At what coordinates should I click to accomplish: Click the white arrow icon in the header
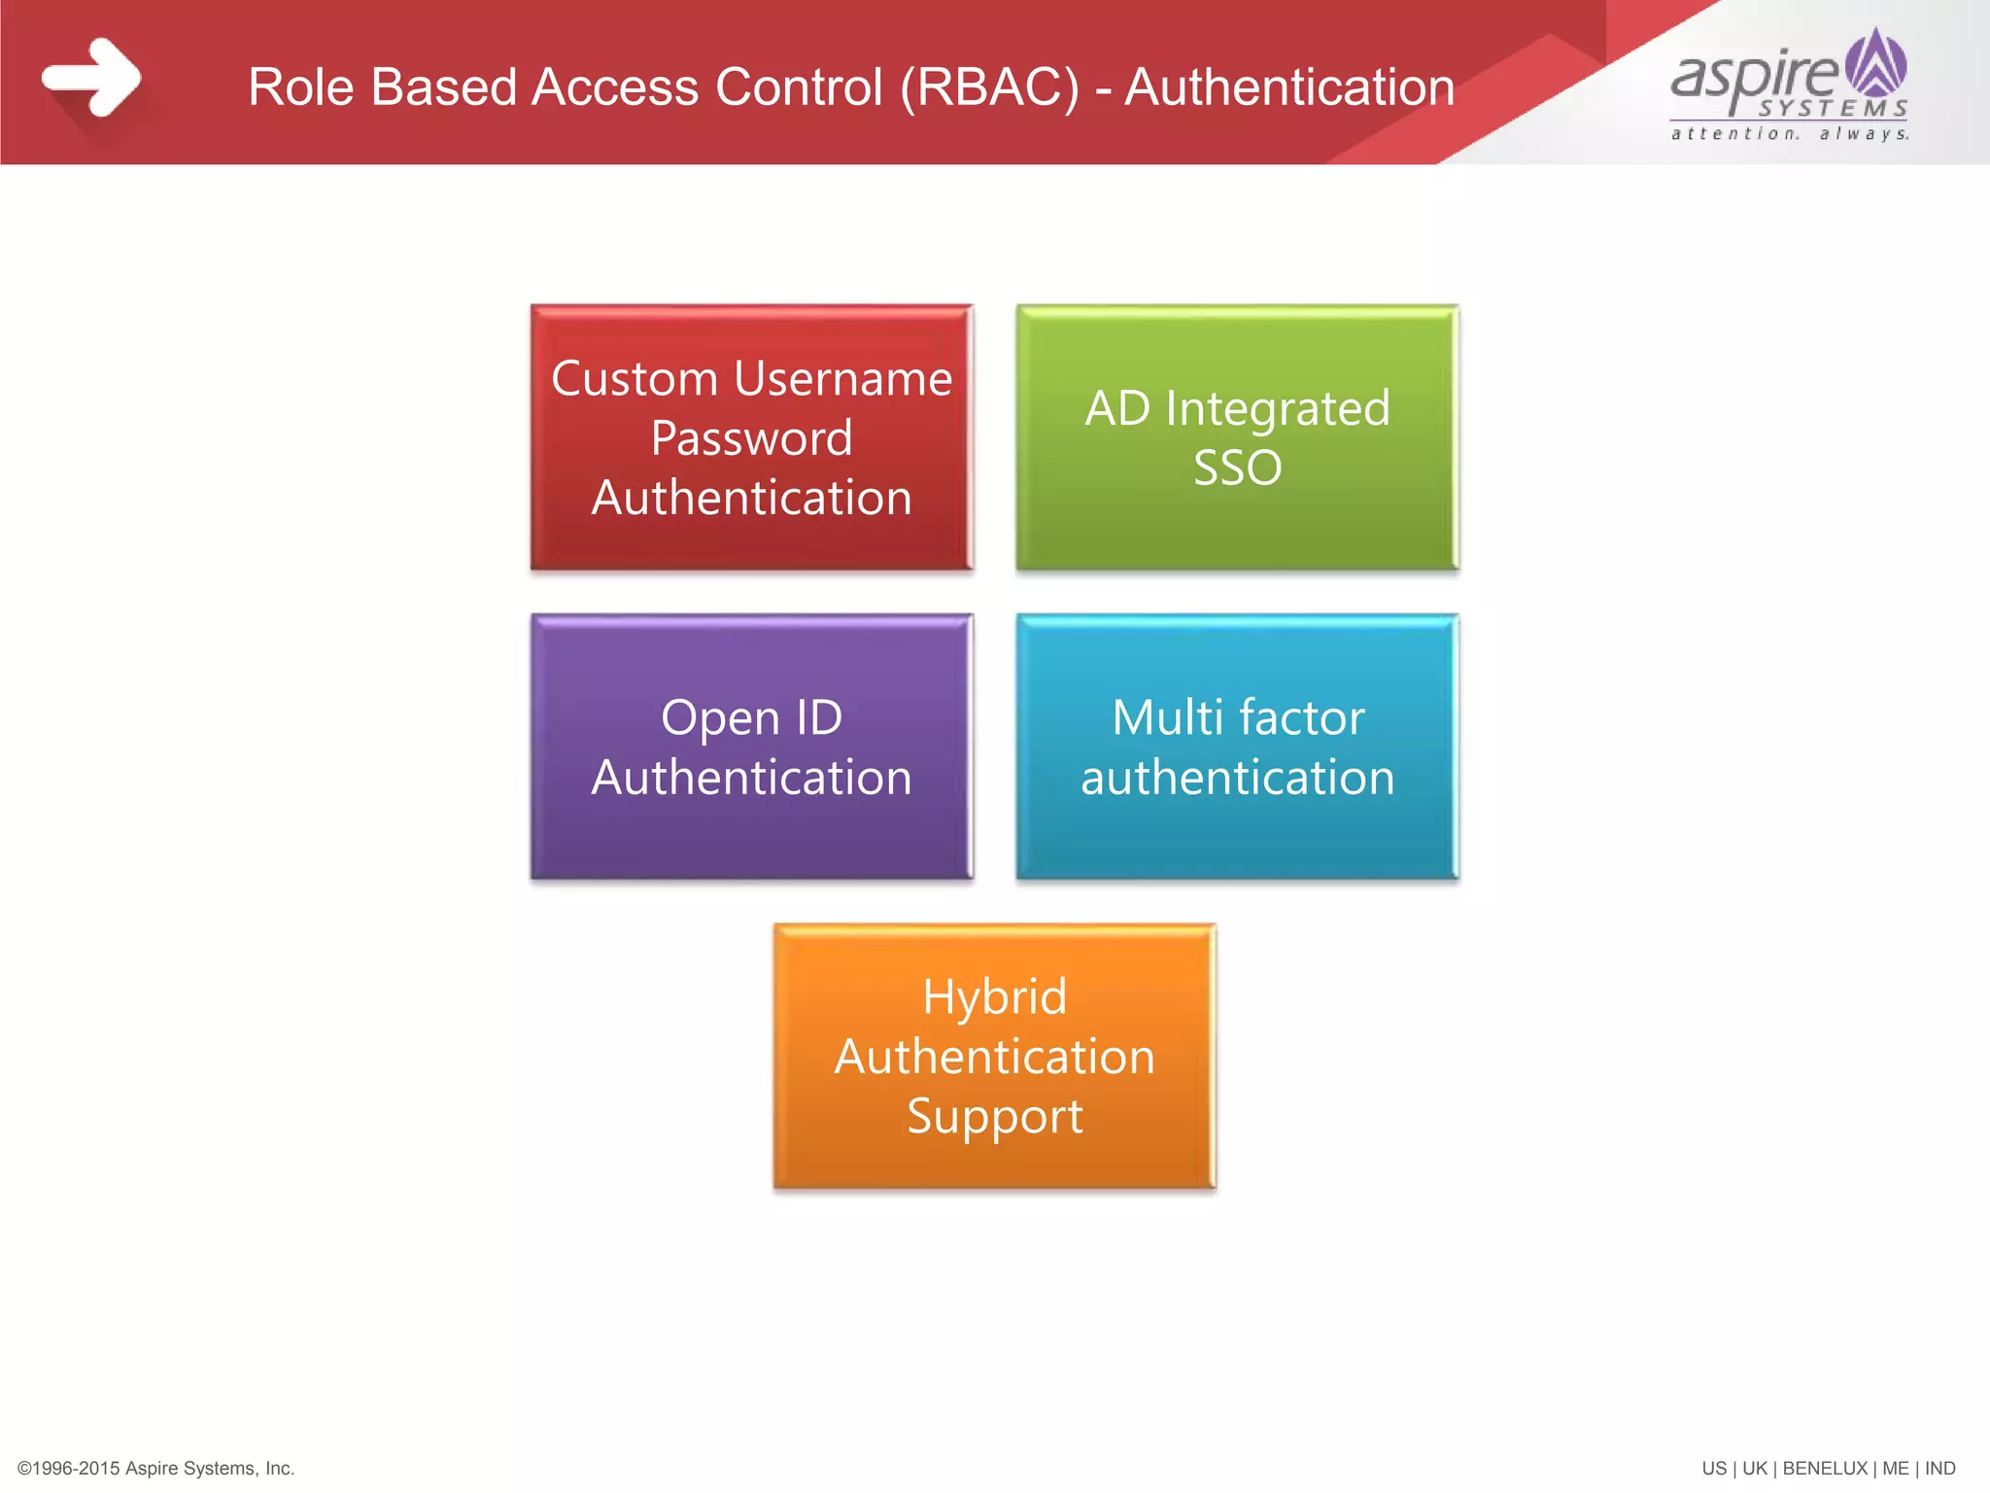point(92,78)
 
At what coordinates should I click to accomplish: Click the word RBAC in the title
point(989,87)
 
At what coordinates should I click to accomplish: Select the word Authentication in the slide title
point(1289,87)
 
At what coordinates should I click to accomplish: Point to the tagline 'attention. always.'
point(1790,134)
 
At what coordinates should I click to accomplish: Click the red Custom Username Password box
point(751,437)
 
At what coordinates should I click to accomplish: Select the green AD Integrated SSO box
point(1237,437)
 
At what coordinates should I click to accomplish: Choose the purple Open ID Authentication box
point(751,746)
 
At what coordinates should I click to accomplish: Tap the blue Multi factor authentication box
point(1237,746)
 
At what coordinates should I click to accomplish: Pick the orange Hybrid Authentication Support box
point(994,1056)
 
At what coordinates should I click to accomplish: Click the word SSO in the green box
point(1237,469)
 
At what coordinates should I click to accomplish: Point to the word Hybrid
point(994,997)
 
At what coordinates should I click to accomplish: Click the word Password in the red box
point(751,438)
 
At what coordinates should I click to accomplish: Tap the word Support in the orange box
point(994,1116)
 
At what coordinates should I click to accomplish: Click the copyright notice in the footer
point(155,1468)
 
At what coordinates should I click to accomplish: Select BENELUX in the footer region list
point(1824,1468)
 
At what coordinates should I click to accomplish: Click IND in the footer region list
point(1939,1468)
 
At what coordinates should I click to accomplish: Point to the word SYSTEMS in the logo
point(1833,108)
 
